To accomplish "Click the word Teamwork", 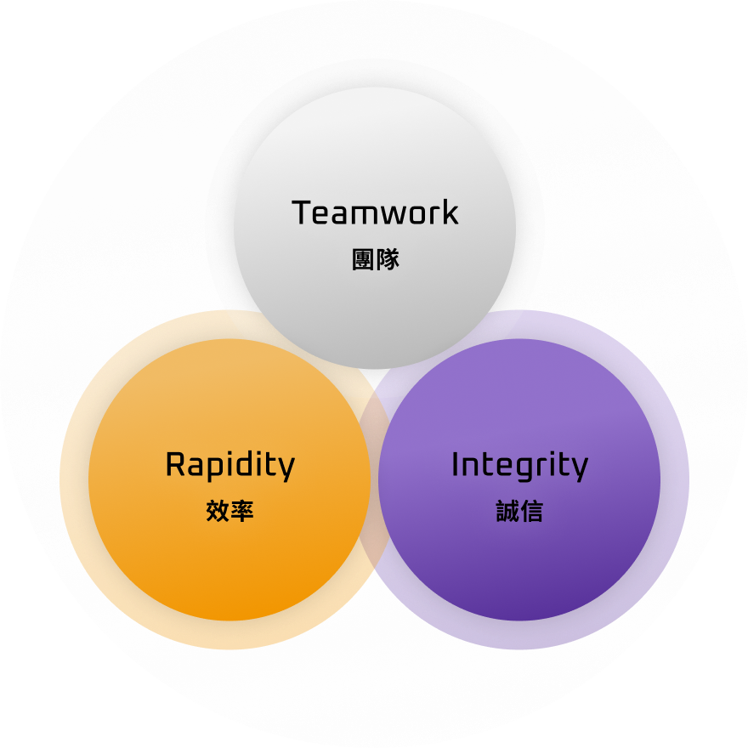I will click(x=375, y=212).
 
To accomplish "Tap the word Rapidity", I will click(x=229, y=466).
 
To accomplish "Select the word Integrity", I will click(x=519, y=466).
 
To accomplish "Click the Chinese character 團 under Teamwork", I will click(x=364, y=259).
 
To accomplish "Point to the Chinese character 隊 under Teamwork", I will click(x=388, y=259).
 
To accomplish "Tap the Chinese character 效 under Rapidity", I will click(x=218, y=511).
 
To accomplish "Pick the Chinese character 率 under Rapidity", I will click(x=242, y=511).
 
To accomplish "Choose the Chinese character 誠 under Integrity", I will click(x=507, y=511).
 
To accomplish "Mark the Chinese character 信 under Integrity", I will click(x=531, y=511).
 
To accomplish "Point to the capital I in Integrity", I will click(x=456, y=466).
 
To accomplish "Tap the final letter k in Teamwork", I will click(x=450, y=212).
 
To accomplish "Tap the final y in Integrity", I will click(x=579, y=470).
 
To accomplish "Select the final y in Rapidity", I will click(x=286, y=470).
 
